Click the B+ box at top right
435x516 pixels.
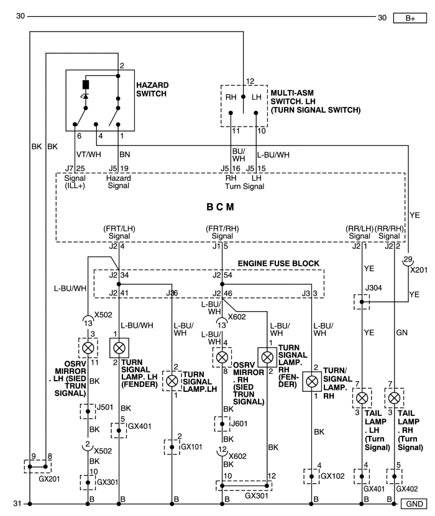click(x=410, y=18)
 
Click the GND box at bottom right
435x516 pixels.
click(x=414, y=504)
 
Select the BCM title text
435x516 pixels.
click(x=220, y=207)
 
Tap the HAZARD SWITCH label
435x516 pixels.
click(x=152, y=89)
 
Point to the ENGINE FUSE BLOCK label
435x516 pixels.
click(x=278, y=263)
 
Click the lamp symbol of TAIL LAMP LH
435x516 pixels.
click(x=362, y=398)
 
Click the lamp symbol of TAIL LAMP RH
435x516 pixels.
click(x=394, y=398)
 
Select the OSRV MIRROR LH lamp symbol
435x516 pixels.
click(x=88, y=348)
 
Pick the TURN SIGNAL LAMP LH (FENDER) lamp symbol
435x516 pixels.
click(x=119, y=348)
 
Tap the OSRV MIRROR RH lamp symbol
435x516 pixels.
click(x=222, y=357)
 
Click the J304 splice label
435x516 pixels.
click(x=373, y=288)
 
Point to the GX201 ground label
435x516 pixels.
click(x=49, y=479)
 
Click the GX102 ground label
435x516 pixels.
click(x=332, y=476)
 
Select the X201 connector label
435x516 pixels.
click(x=419, y=270)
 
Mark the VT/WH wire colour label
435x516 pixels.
click(x=89, y=155)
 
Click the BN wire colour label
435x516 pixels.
click(x=125, y=155)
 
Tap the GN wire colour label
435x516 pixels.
click(x=401, y=332)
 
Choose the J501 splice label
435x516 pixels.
click(x=105, y=407)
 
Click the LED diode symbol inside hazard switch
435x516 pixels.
click(x=86, y=96)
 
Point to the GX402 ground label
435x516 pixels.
click(x=406, y=489)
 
